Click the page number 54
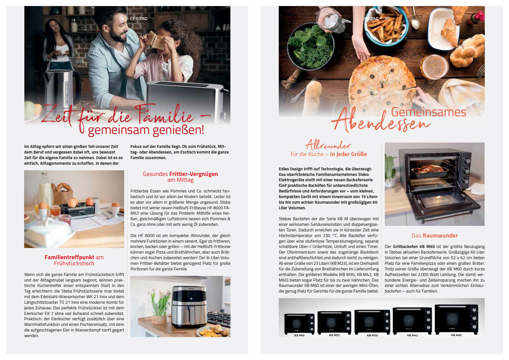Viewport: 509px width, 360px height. click(122, 19)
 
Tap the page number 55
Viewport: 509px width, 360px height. click(387, 19)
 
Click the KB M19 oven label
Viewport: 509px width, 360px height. click(299, 335)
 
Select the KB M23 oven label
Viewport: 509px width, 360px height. click(334, 335)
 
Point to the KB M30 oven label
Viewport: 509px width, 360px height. click(372, 335)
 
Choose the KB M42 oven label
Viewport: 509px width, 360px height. click(412, 335)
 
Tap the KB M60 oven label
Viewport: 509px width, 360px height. click(456, 335)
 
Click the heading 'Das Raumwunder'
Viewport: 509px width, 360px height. click(435, 236)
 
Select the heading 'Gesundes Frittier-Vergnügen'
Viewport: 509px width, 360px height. click(180, 174)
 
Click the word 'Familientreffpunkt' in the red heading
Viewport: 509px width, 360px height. click(69, 257)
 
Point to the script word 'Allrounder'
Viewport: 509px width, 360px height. click(328, 145)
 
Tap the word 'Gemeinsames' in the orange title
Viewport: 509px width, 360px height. click(429, 112)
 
